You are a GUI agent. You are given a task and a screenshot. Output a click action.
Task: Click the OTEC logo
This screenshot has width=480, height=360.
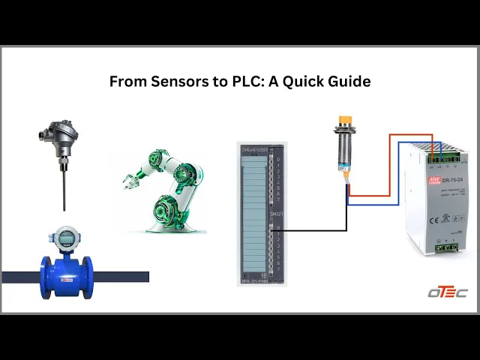click(447, 292)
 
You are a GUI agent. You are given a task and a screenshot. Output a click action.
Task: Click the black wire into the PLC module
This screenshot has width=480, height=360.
click(315, 230)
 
